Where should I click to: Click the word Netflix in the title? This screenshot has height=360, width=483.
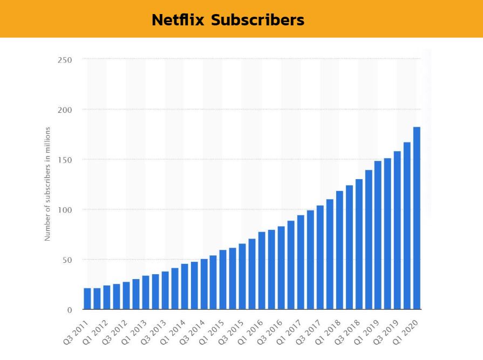178,20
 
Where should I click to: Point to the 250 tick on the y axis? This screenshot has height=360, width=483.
65,59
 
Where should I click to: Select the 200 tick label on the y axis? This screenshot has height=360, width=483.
65,110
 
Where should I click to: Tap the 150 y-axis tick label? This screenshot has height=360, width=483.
65,160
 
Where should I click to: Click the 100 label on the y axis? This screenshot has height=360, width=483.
65,209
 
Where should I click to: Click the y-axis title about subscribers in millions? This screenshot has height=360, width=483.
47,184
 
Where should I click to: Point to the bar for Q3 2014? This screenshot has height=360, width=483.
204,284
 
